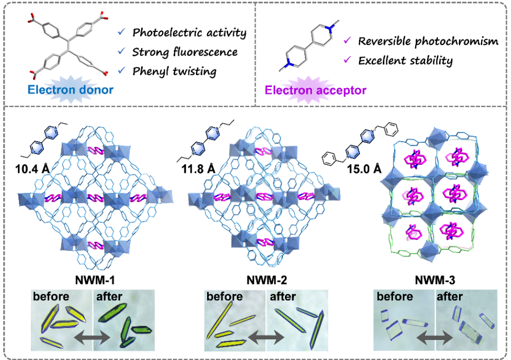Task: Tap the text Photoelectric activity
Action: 189,33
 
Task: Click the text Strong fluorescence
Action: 184,52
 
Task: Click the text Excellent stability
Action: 405,61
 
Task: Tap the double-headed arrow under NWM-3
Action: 435,338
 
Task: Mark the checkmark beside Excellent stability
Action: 348,60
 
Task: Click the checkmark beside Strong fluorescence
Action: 121,52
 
